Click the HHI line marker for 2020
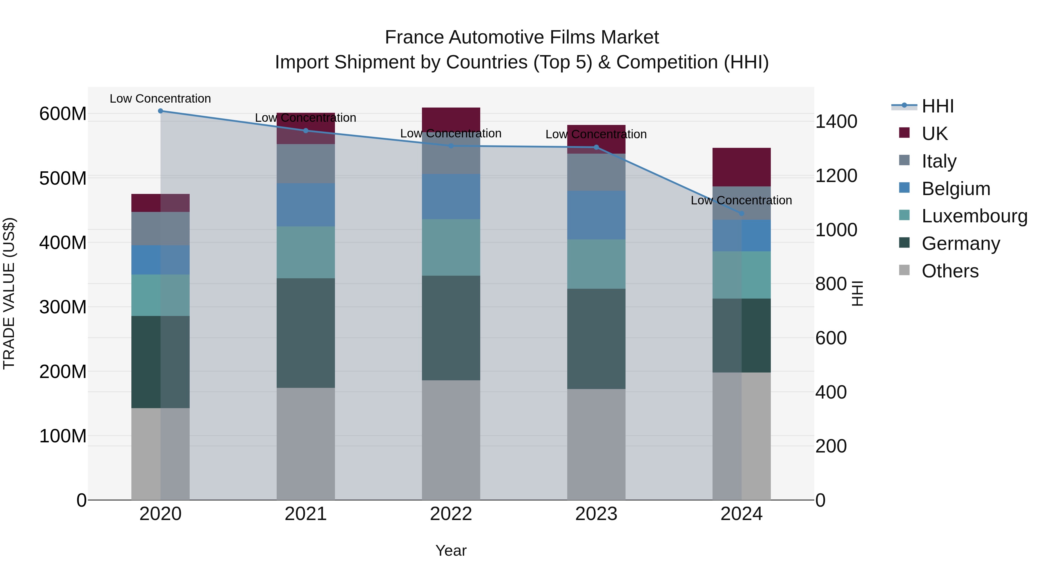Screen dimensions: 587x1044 point(160,111)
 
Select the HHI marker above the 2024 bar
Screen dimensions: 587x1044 point(742,213)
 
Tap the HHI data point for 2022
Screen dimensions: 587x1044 point(451,146)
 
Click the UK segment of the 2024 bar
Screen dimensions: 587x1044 point(742,167)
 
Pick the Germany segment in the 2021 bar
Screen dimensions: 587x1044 point(306,333)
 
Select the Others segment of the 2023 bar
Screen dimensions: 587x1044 point(596,444)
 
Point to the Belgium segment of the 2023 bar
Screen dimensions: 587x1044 point(596,215)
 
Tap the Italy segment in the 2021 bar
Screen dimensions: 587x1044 point(306,164)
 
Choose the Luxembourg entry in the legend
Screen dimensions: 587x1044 point(974,216)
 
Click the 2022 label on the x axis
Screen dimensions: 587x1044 point(451,514)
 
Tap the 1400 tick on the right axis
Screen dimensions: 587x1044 point(836,121)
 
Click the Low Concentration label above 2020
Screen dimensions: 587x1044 point(160,99)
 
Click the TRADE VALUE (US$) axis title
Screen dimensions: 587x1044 point(9,293)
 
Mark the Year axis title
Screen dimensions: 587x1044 point(451,550)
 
